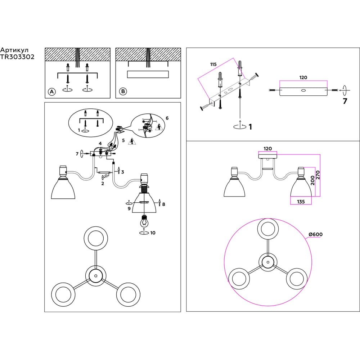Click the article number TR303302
(17, 57)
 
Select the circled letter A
(51, 92)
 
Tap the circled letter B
(123, 92)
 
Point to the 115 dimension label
(213, 64)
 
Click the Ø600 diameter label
(316, 234)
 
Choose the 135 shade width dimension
(301, 202)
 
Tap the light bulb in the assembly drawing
(144, 221)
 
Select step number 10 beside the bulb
(153, 233)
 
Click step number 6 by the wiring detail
(167, 118)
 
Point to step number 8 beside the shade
(163, 204)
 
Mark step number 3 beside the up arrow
(122, 172)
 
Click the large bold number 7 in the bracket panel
(345, 101)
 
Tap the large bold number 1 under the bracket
(250, 127)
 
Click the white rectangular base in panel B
(148, 74)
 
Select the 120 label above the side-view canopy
(267, 148)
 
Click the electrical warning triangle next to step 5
(132, 141)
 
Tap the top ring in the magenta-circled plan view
(267, 229)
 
